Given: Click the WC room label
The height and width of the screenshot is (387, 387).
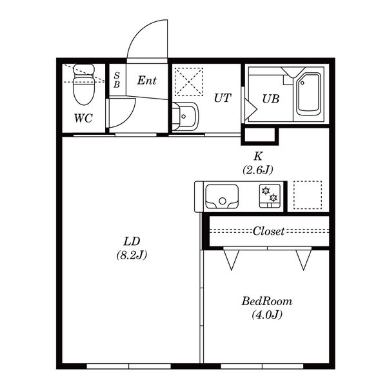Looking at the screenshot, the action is tap(83, 118).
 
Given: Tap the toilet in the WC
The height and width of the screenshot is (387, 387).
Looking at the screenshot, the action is tap(84, 84).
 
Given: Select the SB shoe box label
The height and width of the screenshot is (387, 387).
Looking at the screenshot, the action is tap(117, 80).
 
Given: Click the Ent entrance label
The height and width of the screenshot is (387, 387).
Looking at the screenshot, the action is tap(147, 81).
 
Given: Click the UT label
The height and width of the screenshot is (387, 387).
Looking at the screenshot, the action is tap(223, 98).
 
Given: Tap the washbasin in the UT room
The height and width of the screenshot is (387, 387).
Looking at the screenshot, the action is tap(185, 116).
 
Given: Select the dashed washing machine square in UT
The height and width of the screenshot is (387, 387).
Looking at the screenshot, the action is tap(189, 82).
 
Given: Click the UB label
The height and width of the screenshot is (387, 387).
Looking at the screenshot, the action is tap(271, 99).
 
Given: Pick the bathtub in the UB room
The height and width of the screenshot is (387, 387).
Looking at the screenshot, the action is tap(309, 94).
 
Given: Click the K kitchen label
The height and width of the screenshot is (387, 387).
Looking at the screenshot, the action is tap(258, 156).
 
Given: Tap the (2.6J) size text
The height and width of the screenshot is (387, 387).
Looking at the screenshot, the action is tap(258, 170).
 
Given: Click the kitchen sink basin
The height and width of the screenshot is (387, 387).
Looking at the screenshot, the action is tap(222, 197).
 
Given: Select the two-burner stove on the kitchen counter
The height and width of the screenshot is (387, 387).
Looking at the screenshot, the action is tap(270, 196).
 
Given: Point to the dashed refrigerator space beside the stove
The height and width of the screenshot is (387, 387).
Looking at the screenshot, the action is tap(308, 195).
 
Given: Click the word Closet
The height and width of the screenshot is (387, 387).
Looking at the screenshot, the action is tap(268, 232).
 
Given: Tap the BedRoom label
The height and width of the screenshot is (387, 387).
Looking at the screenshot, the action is tap(267, 301).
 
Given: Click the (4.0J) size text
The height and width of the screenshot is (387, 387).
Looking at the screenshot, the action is tap(267, 315).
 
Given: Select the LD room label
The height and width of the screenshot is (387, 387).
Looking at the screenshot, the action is tap(132, 242).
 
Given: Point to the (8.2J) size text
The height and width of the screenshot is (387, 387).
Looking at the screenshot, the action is tap(132, 255).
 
